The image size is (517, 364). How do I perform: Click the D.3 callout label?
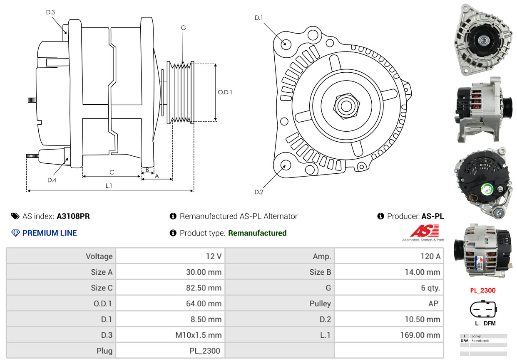(x=50, y=12)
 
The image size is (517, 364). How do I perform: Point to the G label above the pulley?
(x=183, y=28)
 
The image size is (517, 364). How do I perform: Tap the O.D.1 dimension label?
(x=225, y=92)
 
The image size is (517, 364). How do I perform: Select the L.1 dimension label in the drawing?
(x=108, y=186)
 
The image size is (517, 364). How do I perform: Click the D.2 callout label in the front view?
(x=259, y=192)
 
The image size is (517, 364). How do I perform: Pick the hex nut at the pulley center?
(x=345, y=105)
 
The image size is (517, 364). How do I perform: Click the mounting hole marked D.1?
(x=286, y=44)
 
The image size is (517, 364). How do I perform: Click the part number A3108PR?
(x=73, y=216)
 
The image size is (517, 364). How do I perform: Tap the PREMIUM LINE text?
(x=50, y=233)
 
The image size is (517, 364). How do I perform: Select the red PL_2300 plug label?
(x=483, y=290)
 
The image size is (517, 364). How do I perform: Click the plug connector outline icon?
(x=483, y=309)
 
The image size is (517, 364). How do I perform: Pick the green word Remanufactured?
(x=257, y=233)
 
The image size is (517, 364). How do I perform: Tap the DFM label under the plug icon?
(x=490, y=324)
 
